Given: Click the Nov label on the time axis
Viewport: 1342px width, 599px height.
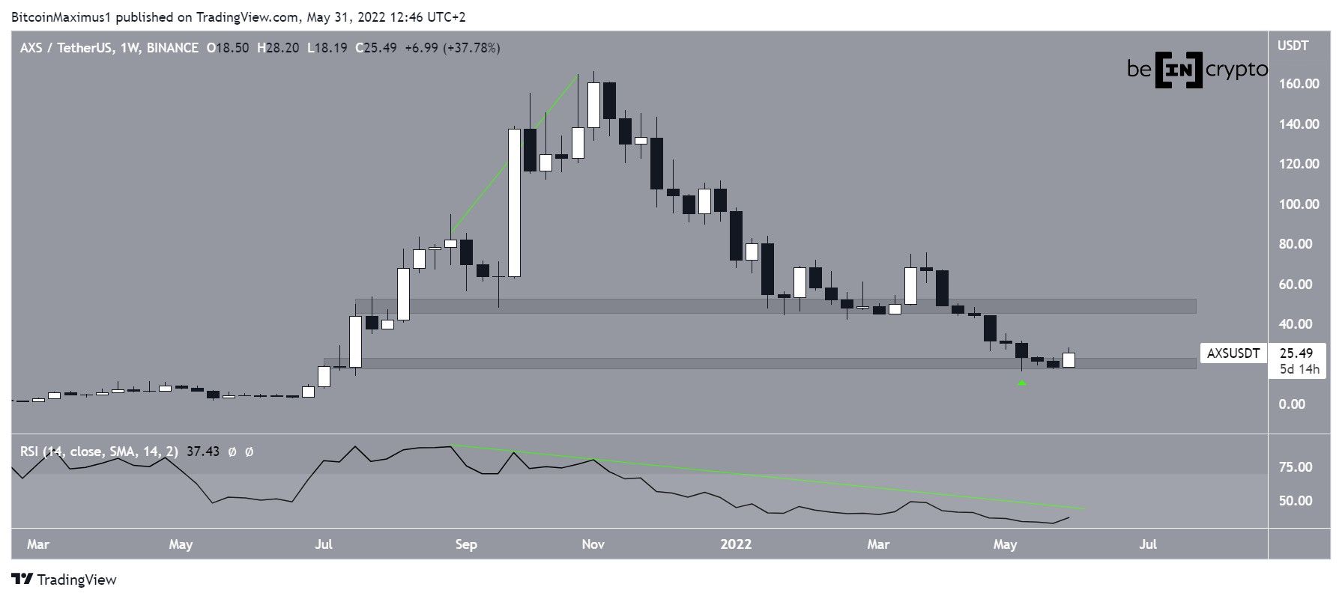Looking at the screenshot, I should click(593, 544).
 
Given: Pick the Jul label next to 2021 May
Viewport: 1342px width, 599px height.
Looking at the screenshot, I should click(323, 544).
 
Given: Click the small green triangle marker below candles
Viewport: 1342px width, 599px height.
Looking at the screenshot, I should click(1022, 383).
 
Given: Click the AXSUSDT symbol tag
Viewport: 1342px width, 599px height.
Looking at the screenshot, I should click(1233, 353).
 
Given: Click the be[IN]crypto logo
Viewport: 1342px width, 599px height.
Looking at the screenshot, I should click(1197, 70).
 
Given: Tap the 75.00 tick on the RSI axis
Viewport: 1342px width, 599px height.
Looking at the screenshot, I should click(1295, 467).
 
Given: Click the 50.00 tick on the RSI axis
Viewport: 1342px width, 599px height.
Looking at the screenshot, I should click(1295, 501).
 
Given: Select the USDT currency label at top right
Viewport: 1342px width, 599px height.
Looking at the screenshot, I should click(1293, 46).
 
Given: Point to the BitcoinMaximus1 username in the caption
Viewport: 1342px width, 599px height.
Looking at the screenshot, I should click(61, 16).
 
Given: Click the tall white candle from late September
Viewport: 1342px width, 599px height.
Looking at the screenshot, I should click(514, 202).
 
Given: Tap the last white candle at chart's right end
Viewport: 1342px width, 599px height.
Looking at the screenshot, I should click(1069, 360).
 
